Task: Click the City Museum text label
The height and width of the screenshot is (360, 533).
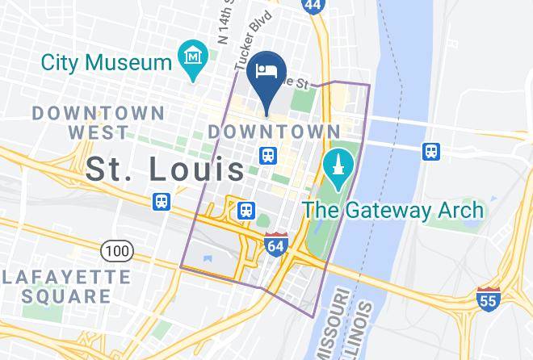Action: (106, 61)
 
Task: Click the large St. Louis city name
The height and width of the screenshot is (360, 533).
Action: (166, 169)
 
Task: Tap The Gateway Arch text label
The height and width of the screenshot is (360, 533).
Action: (393, 211)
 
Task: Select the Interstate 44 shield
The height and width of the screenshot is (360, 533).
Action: (313, 5)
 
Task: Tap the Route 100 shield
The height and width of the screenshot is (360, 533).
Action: (117, 251)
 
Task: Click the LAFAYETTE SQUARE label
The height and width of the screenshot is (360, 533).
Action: (66, 286)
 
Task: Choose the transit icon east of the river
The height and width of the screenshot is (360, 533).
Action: (432, 151)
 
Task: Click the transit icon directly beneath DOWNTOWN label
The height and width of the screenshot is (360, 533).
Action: (268, 154)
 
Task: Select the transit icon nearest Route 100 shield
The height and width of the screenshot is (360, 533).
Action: (162, 201)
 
